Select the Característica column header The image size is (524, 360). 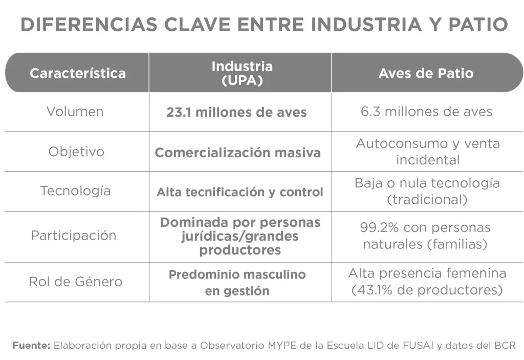pos(77,73)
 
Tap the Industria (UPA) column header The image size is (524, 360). pos(242,73)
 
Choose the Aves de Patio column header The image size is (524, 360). pos(426,73)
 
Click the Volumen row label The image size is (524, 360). pos(75,111)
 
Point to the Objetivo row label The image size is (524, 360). pos(76,152)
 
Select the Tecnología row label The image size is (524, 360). pos(75,190)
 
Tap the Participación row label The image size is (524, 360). pos(74,236)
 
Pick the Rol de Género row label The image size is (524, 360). pos(75,282)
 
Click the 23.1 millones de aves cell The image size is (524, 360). pos(236,112)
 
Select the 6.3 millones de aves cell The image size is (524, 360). pos(426,112)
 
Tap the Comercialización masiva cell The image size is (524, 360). pos(238,153)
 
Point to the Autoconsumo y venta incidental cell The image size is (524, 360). pos(428,151)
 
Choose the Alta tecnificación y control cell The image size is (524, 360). pos(239,192)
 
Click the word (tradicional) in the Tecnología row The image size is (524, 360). pos(427,199)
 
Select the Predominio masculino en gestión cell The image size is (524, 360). pos(237,282)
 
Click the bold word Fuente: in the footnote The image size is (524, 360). pos(31,345)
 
